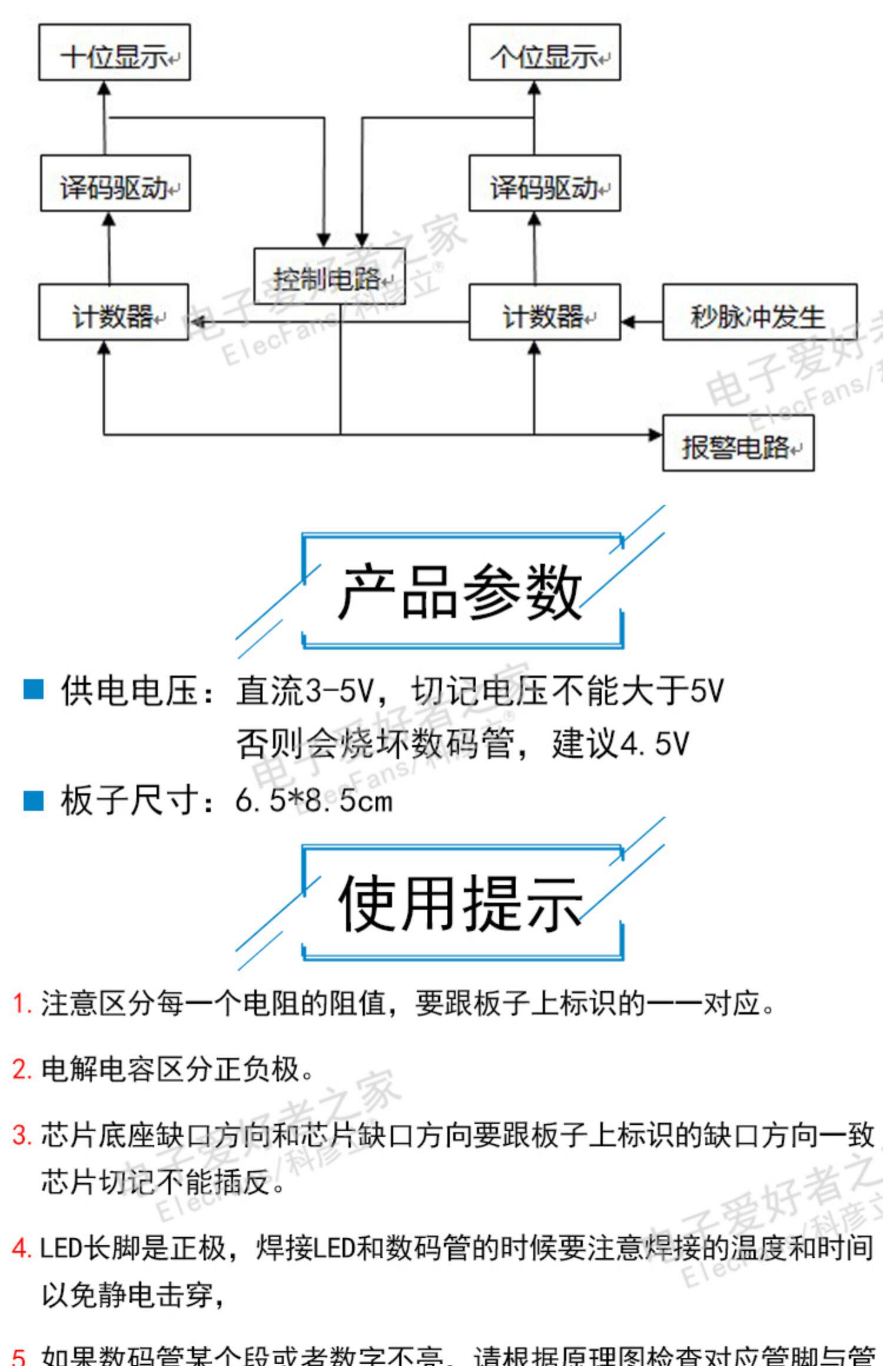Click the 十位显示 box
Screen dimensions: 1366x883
coord(114,52)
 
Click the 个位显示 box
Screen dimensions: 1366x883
coord(545,52)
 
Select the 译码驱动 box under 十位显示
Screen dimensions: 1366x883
coord(115,183)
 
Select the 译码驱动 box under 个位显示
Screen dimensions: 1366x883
coord(545,183)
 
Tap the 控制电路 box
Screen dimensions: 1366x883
coord(329,276)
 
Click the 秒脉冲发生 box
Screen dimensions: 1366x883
coord(759,312)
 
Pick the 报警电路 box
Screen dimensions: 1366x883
coord(738,443)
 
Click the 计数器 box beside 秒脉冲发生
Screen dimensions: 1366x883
coord(545,312)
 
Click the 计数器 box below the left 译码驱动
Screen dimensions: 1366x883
coord(114,312)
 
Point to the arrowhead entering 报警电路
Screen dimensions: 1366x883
coord(655,435)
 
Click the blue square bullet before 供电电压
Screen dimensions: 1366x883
coord(34,689)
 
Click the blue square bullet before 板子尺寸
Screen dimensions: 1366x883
coord(34,800)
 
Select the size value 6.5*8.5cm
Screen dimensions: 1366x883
coord(314,801)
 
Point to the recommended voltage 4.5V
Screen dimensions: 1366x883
coord(654,744)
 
